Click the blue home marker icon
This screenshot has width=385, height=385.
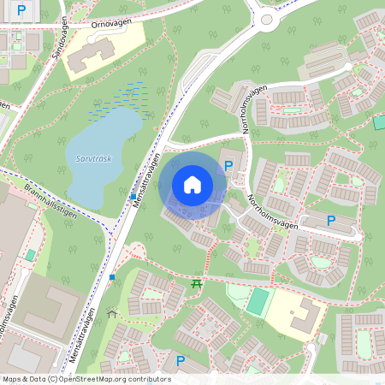pyautogui.click(x=192, y=184)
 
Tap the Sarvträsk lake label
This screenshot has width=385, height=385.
pyautogui.click(x=94, y=159)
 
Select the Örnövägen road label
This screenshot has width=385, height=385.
pyautogui.click(x=115, y=24)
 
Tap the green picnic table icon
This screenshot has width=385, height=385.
pyautogui.click(x=197, y=283)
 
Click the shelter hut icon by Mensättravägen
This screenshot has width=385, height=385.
pyautogui.click(x=111, y=313)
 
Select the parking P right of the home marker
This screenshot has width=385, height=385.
pyautogui.click(x=228, y=165)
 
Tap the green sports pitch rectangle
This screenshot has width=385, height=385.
pyautogui.click(x=258, y=299)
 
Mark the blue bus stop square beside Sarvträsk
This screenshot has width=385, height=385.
pyautogui.click(x=133, y=197)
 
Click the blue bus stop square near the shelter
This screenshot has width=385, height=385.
pyautogui.click(x=112, y=277)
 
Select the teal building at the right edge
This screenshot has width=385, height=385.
pyautogui.click(x=379, y=121)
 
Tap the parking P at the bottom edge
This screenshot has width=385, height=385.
pyautogui.click(x=180, y=361)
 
